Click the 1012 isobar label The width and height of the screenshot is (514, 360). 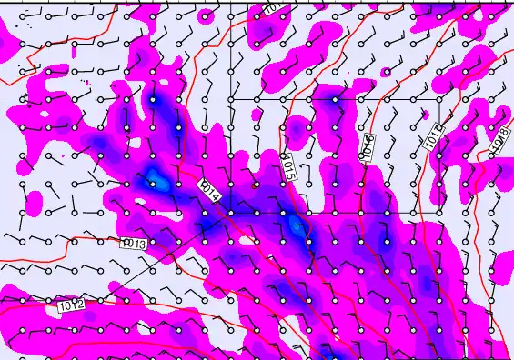click(72, 306)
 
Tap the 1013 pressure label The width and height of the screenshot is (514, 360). click(133, 244)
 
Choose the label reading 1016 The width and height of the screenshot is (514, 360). click(368, 145)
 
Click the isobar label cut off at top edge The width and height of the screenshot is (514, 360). click(271, 7)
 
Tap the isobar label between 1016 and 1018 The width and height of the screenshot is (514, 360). click(431, 135)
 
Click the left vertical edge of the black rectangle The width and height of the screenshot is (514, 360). click(230, 155)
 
